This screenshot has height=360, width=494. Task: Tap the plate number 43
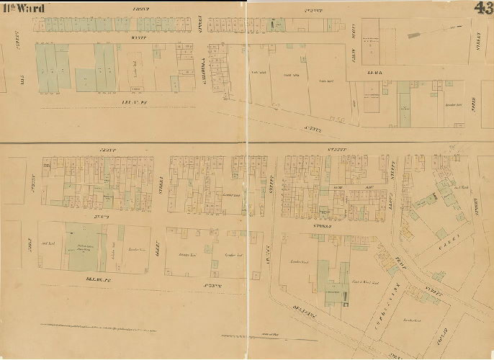pos(483,9)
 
